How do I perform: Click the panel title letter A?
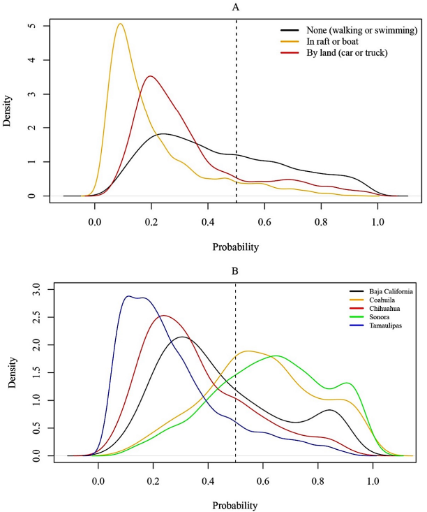[x=237, y=6]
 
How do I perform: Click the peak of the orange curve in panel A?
[x=120, y=24]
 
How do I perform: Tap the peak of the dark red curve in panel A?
[x=150, y=76]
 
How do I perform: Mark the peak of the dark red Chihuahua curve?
[x=163, y=315]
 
